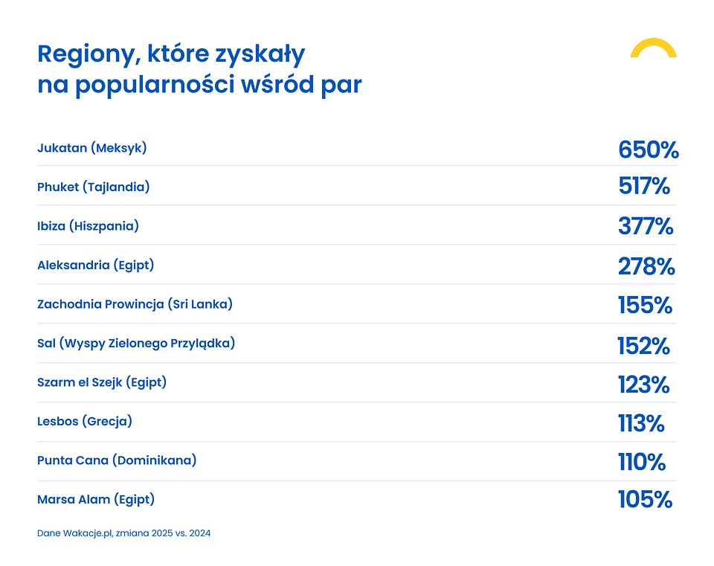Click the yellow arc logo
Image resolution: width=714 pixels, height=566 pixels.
[x=653, y=48]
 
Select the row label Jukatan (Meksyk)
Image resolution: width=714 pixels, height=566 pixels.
[x=92, y=148]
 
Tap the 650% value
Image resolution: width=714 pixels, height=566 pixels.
[x=648, y=149]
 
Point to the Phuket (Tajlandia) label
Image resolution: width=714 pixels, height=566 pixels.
[x=94, y=187]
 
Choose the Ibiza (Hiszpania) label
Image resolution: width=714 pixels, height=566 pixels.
[x=88, y=226]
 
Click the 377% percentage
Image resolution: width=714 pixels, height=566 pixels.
[x=646, y=226]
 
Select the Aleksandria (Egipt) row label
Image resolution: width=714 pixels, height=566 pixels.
[x=95, y=266]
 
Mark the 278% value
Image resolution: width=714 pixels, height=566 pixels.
[x=646, y=266]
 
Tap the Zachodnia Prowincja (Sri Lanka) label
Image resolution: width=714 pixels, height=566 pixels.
[x=135, y=305]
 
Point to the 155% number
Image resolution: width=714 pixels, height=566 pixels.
[x=645, y=306]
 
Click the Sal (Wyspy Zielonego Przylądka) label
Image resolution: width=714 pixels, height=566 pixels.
[x=136, y=344]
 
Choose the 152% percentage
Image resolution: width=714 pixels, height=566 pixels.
[x=643, y=346]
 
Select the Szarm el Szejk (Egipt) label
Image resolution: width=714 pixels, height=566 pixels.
[x=102, y=383]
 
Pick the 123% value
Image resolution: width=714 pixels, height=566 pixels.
[x=643, y=385]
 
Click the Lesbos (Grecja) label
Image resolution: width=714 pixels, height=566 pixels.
[x=85, y=422]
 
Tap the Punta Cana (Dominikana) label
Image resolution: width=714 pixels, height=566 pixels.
[x=117, y=461]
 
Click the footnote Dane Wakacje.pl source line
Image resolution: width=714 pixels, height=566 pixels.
[x=123, y=533]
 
